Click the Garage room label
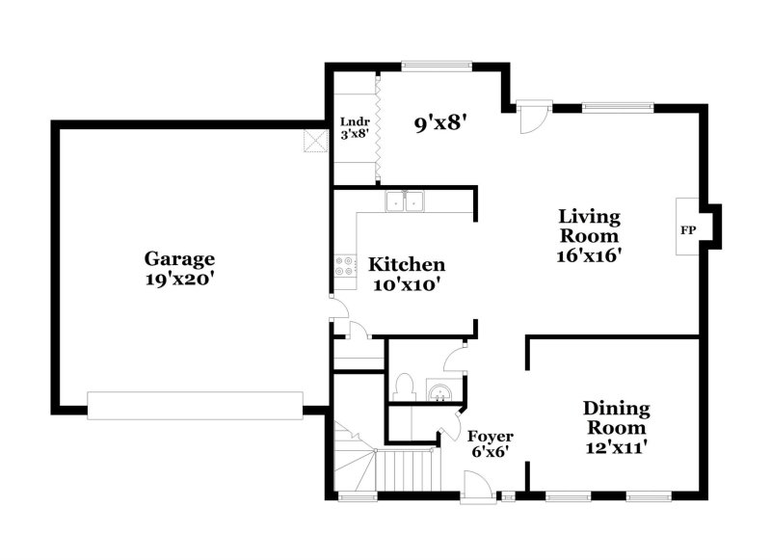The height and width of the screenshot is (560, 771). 179,258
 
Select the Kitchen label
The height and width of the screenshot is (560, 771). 407,264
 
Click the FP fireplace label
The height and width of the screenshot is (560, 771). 687,229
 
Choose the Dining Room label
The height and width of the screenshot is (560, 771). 616,418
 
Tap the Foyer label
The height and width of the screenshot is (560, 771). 490,437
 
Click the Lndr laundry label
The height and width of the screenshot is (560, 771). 355,121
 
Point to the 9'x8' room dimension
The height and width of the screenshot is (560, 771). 439,123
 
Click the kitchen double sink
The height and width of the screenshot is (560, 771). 405,201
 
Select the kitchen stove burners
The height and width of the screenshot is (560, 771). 344,266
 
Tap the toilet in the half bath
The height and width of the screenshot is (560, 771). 404,387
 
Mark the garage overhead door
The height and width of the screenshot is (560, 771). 196,406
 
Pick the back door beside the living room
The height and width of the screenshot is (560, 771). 534,118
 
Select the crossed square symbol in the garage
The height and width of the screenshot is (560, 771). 315,141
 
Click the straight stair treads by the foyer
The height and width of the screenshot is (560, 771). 405,470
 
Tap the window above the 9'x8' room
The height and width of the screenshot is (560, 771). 437,66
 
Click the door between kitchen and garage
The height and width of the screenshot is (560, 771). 340,307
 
